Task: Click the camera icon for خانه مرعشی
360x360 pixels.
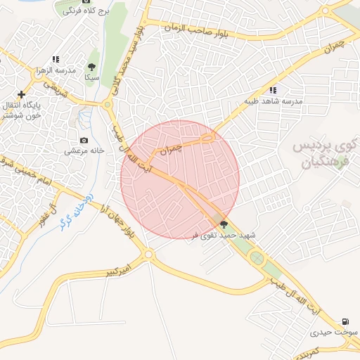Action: [x=84, y=141]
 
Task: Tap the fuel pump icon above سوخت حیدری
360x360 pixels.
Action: [x=345, y=320]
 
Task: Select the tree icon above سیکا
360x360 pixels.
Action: [x=91, y=67]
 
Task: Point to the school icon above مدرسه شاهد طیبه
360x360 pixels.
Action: [x=273, y=90]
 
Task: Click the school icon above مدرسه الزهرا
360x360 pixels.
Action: [x=56, y=59]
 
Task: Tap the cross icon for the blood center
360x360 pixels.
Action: [x=22, y=94]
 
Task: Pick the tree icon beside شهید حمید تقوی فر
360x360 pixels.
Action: [x=224, y=225]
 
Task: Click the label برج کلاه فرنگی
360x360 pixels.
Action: [x=85, y=12]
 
